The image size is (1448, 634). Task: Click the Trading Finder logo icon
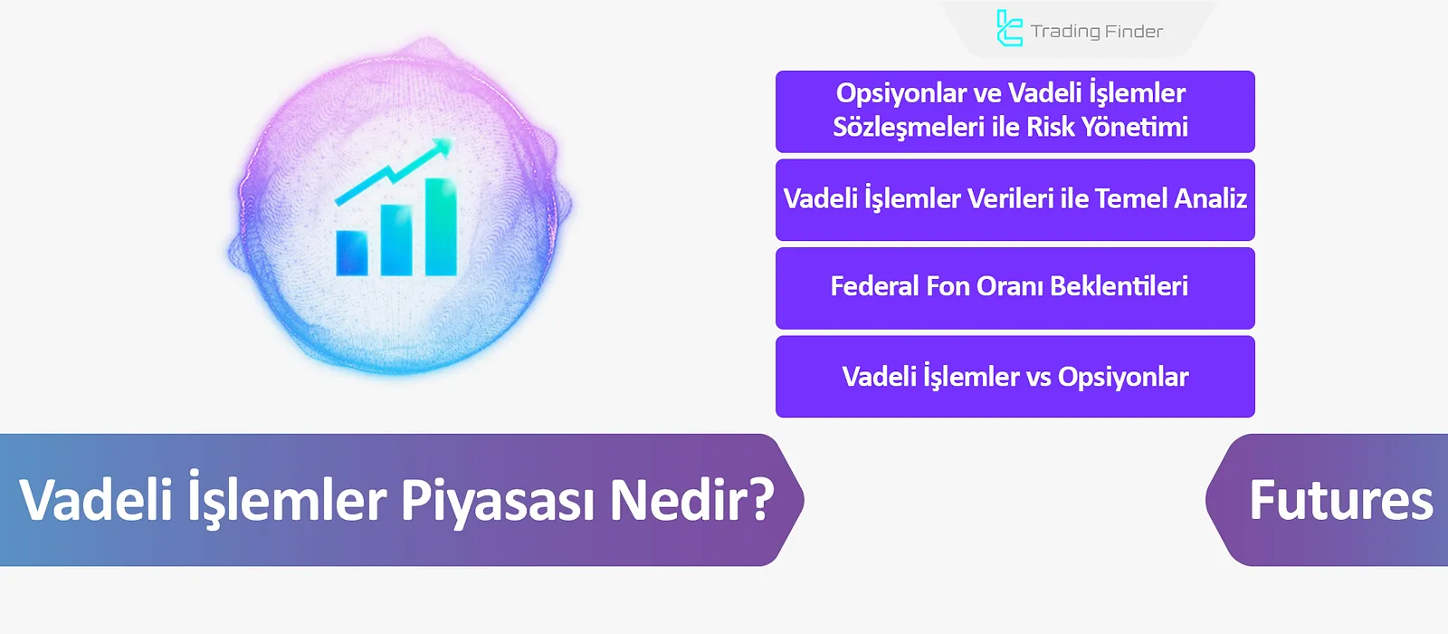point(1008,28)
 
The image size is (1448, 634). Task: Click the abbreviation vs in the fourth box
point(1038,377)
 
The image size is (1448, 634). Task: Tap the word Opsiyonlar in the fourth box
point(1122,377)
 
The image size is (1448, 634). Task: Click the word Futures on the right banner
point(1340,500)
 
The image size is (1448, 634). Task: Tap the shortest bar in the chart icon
point(351,253)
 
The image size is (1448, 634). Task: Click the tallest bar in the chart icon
point(441,226)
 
